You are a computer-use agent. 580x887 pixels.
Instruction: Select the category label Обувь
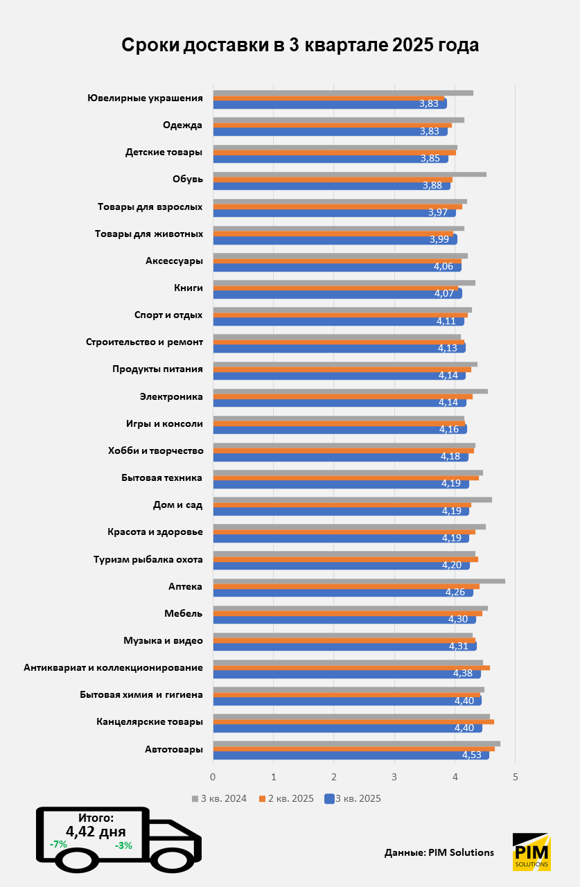pos(187,179)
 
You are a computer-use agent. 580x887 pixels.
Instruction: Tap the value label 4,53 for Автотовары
pos(473,755)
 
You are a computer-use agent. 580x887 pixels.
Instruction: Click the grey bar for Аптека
pos(358,581)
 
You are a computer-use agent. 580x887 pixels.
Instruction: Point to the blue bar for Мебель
pos(344,619)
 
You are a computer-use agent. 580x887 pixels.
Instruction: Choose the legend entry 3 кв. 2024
pos(220,798)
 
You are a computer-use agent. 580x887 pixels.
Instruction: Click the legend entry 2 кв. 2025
pos(286,798)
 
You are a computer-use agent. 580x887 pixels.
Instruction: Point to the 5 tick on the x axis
pos(516,776)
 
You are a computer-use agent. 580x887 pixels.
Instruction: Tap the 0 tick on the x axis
pos(213,776)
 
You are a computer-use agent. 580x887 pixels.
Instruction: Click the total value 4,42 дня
pos(96,832)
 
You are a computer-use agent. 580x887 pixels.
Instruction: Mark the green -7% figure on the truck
pos(58,845)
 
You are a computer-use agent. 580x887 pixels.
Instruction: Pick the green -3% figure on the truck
pos(123,845)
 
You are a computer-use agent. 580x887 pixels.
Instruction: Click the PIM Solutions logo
pos(531,852)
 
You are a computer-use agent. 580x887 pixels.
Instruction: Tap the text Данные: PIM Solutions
pos(439,852)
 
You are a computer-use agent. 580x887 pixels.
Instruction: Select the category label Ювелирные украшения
pos(145,98)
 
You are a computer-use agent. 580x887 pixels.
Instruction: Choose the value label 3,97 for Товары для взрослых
pos(438,212)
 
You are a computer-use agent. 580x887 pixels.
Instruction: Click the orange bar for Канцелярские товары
pos(353,721)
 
